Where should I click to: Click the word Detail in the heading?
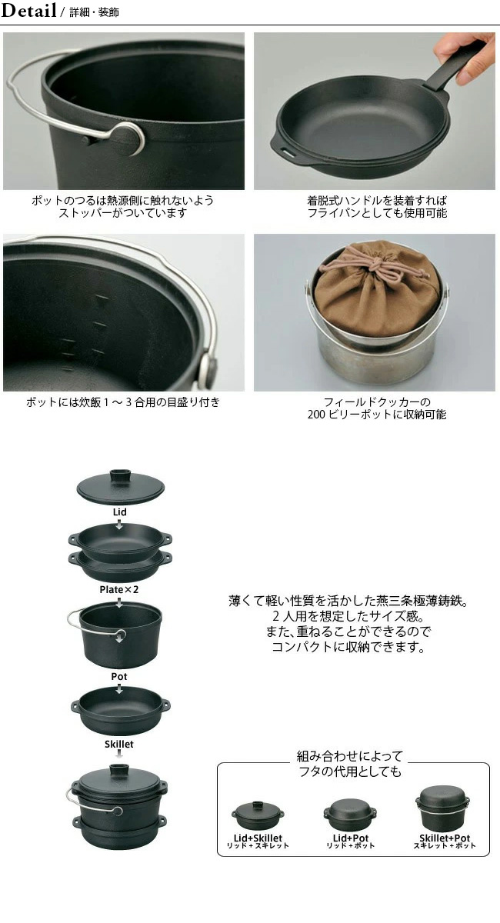pos(28,10)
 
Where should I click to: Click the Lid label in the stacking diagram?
pos(119,511)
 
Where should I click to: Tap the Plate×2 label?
pos(118,590)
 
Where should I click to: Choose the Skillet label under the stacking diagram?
pos(118,745)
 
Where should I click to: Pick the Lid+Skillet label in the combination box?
pos(258,838)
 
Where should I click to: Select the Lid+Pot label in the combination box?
pos(350,838)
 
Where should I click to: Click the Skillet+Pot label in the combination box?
pos(445,838)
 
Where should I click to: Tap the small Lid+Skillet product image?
pos(258,815)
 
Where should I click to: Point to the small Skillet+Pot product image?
pos(443,808)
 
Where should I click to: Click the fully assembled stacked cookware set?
pos(118,806)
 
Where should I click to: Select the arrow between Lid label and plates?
pos(119,524)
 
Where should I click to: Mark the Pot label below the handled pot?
pos(119,676)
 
